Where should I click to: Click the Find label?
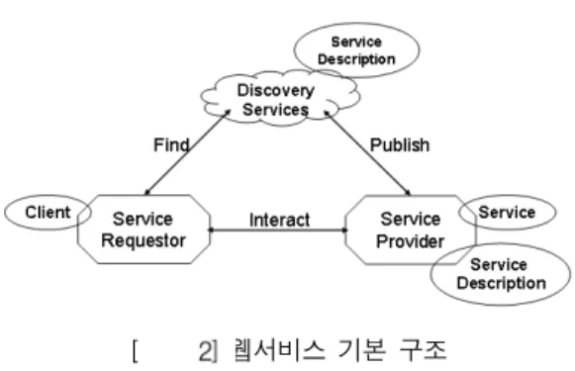171,145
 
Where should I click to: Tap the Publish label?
400,145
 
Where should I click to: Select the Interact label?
279,220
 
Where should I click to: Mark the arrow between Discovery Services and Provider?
367,152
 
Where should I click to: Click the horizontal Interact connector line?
277,231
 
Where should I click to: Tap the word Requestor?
144,240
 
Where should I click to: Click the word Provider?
411,241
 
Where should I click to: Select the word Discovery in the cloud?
276,91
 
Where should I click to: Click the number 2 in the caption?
205,351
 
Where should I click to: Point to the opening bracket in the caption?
136,351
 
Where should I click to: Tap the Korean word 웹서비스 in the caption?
279,350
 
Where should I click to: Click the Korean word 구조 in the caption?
424,350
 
